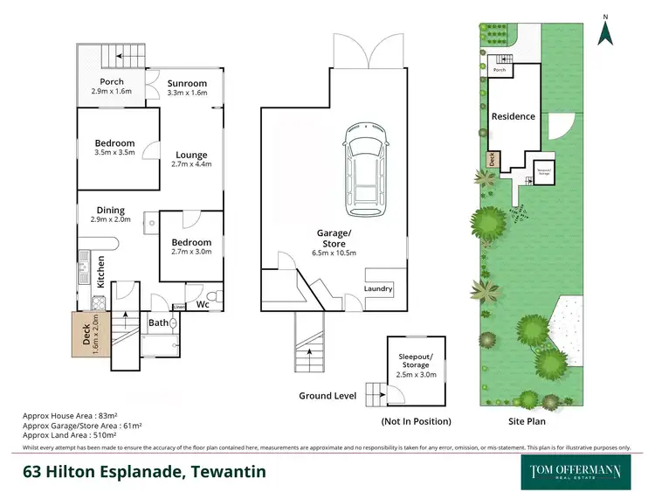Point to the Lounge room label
pyautogui.click(x=190, y=156)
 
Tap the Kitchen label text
pyautogui.click(x=101, y=271)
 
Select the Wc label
pyautogui.click(x=201, y=305)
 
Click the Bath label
pyautogui.click(x=158, y=322)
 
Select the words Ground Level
pyautogui.click(x=327, y=396)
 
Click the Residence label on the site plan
pyautogui.click(x=513, y=116)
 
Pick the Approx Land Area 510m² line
pyautogui.click(x=80, y=435)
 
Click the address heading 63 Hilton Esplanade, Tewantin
pyautogui.click(x=144, y=472)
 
